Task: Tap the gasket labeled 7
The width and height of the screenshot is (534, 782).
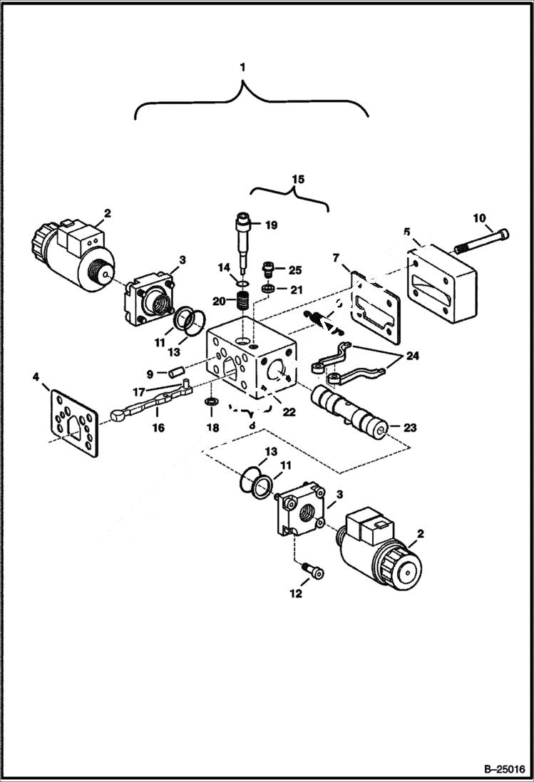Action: [370, 302]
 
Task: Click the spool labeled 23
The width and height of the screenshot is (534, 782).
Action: [349, 414]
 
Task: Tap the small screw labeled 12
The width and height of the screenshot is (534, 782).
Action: [312, 574]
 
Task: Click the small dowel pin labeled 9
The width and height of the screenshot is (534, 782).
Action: [176, 371]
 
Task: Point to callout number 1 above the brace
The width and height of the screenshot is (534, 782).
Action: [243, 68]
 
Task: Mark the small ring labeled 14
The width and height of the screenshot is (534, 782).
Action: [242, 284]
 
